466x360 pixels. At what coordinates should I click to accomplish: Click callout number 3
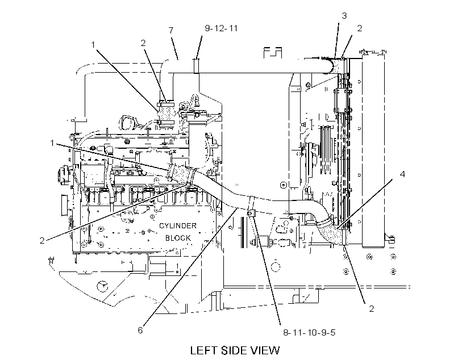tap(344, 15)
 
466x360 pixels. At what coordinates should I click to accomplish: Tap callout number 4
tap(402, 174)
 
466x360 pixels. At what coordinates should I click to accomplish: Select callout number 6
tap(140, 330)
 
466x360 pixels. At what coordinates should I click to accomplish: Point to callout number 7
tap(171, 30)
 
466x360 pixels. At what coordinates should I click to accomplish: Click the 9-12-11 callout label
tap(222, 28)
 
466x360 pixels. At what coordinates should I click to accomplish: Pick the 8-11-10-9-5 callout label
tap(309, 332)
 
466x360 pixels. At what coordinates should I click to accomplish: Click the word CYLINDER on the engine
tap(178, 226)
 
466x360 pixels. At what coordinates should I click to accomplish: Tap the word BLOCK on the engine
tap(178, 238)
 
